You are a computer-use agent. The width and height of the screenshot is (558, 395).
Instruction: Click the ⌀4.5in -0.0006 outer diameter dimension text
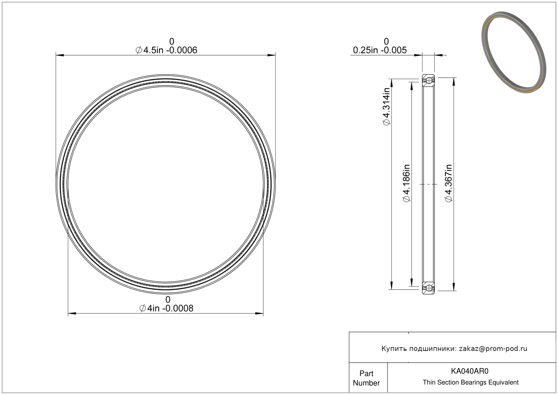click(166, 50)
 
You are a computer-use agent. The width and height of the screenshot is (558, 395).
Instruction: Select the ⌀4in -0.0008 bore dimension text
click(166, 308)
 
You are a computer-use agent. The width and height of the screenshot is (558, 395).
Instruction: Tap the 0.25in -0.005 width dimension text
click(380, 50)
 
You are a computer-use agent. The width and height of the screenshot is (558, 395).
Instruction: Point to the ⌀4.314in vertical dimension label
click(386, 106)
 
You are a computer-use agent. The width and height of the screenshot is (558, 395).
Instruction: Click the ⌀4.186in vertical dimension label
click(406, 183)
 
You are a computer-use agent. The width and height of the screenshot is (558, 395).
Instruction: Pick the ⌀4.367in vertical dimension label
click(449, 183)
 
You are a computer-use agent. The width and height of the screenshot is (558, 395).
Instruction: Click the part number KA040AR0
click(470, 371)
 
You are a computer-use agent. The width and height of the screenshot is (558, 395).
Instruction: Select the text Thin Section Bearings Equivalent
click(471, 382)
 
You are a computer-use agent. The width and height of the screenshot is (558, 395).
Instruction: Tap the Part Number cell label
click(366, 378)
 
